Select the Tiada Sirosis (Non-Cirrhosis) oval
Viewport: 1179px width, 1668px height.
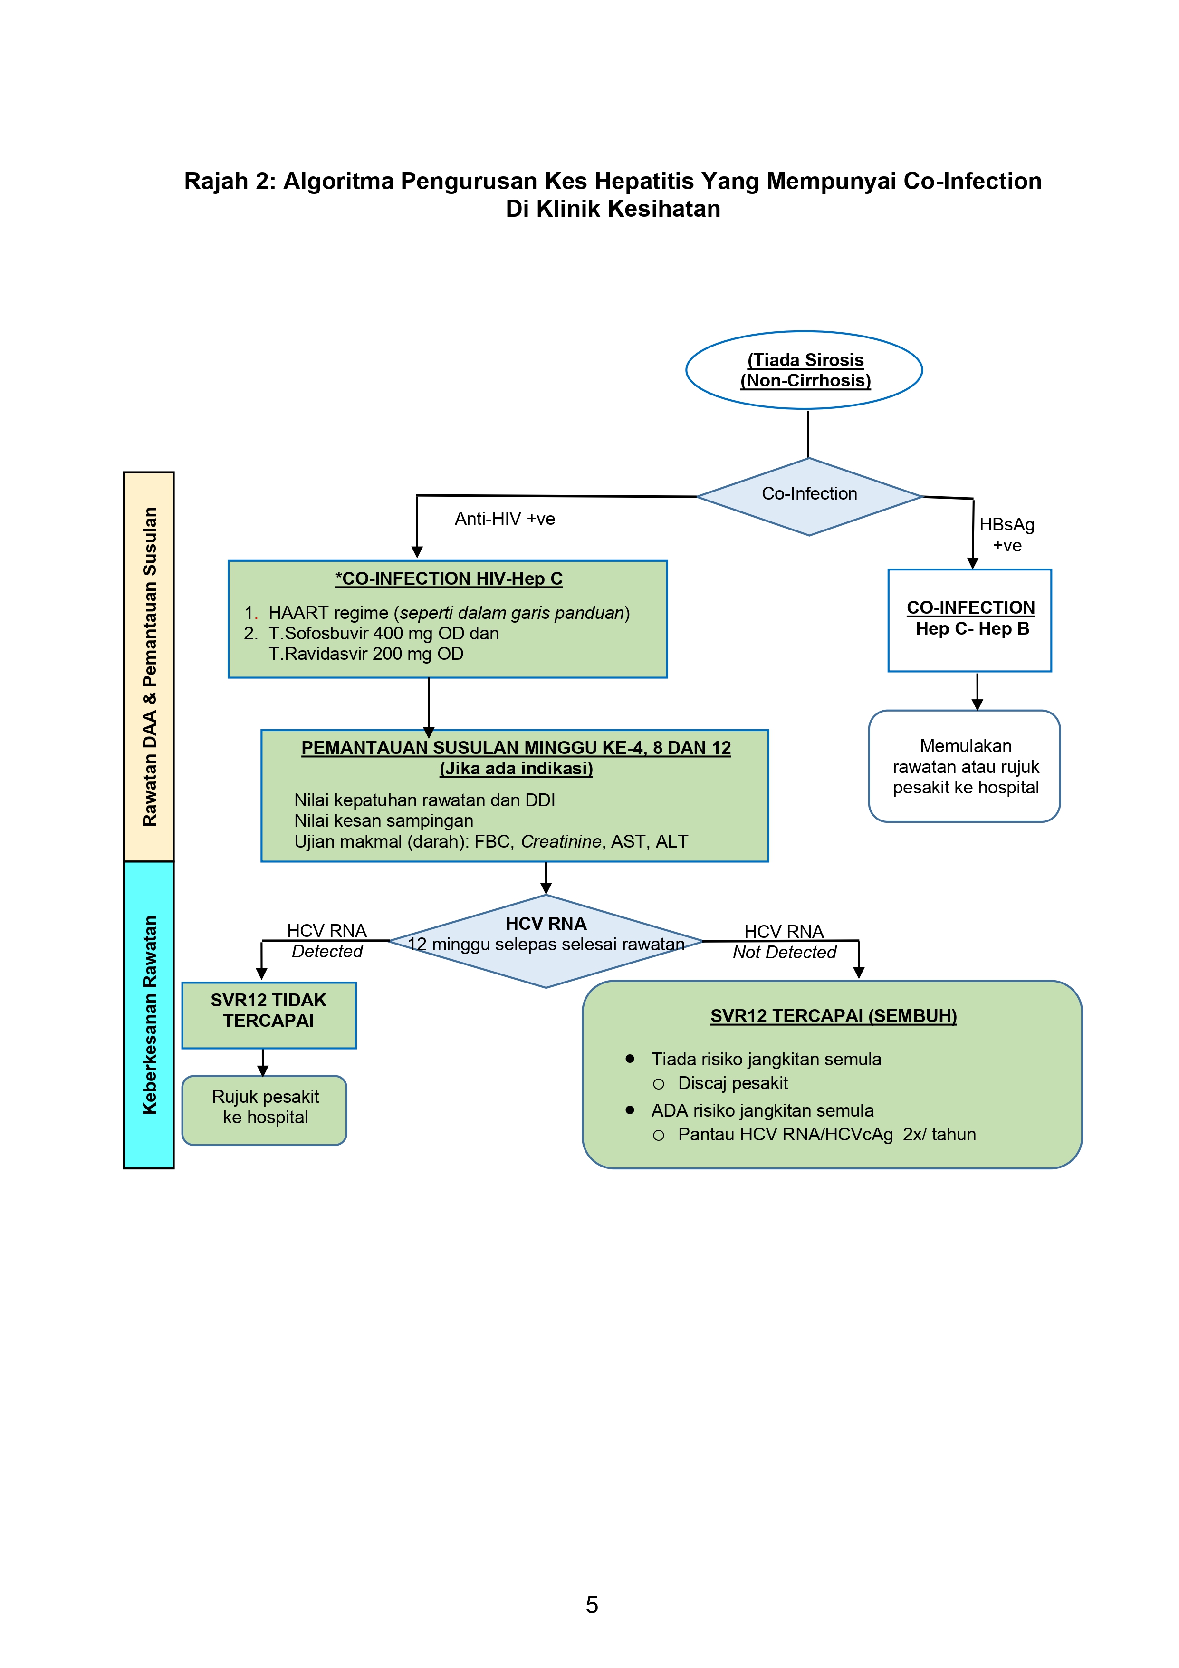[804, 370]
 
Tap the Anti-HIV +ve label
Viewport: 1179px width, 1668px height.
[504, 519]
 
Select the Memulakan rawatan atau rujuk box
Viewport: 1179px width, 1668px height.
[964, 766]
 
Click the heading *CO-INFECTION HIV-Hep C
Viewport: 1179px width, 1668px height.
[448, 579]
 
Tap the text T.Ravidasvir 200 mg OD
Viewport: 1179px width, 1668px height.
[365, 654]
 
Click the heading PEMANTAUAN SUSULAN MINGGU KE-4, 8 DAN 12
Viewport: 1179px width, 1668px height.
[516, 748]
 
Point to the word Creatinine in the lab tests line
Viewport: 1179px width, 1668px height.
[561, 841]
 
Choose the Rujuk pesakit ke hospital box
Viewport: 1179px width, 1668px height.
[264, 1108]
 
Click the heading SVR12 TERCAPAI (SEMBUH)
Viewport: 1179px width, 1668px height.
[833, 1016]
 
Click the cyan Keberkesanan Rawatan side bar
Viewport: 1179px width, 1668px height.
[149, 1014]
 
